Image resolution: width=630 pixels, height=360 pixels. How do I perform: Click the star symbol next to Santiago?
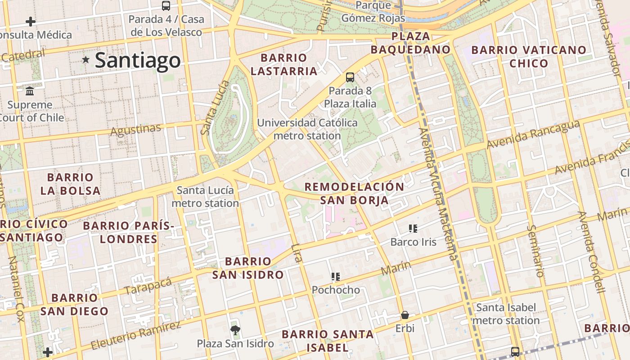(x=86, y=60)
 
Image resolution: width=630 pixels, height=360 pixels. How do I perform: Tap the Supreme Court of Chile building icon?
(x=30, y=91)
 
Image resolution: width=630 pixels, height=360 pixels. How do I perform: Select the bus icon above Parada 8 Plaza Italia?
(x=350, y=77)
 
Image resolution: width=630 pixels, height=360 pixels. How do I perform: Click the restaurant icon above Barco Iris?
(x=413, y=229)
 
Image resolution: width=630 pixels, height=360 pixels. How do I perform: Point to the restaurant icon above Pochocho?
(x=336, y=276)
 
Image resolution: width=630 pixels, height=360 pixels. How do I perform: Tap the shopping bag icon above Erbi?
(x=405, y=315)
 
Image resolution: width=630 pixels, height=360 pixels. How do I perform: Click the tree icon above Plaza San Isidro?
(x=235, y=330)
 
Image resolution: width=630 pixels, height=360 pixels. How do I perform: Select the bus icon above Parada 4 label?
(x=166, y=6)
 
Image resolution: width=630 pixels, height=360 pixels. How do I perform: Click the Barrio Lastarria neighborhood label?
(x=284, y=64)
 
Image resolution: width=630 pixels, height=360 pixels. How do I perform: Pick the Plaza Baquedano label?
(x=410, y=43)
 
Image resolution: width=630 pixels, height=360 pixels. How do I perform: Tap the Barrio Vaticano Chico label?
(x=529, y=56)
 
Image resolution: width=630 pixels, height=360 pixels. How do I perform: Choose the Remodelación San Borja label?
(x=355, y=193)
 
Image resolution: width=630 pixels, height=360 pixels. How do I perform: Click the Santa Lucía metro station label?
(x=205, y=197)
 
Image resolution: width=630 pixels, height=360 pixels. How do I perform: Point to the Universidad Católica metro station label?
(x=307, y=129)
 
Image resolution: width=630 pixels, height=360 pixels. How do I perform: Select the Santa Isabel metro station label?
(x=506, y=314)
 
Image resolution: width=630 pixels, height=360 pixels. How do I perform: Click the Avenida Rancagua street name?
(x=533, y=135)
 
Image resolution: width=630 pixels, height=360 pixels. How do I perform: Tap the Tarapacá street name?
(x=148, y=286)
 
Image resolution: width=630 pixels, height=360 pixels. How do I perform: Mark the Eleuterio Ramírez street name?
(x=135, y=336)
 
